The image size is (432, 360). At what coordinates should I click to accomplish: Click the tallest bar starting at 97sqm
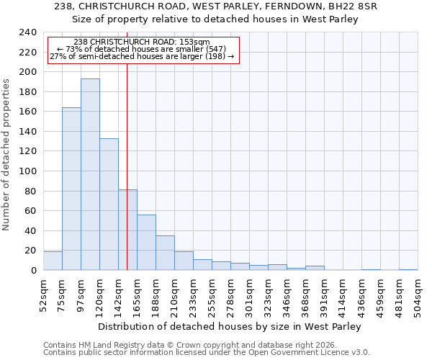[90, 174]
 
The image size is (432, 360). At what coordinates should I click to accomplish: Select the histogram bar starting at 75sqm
[71, 189]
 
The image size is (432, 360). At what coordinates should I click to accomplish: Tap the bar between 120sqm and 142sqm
[109, 204]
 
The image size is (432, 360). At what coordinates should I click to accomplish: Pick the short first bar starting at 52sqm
[53, 261]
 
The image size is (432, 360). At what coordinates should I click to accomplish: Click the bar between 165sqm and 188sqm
[146, 243]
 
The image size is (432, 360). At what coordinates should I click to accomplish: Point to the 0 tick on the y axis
[33, 270]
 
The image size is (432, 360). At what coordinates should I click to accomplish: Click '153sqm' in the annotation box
[195, 42]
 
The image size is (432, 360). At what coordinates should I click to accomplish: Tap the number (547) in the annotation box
[215, 49]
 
